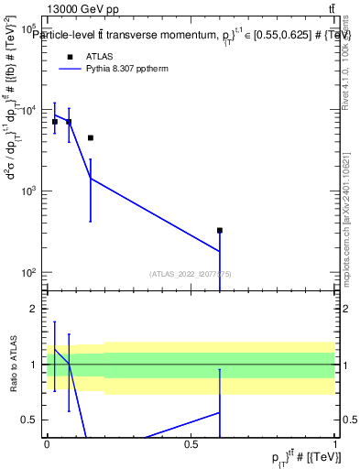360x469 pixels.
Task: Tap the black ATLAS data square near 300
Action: [220, 231]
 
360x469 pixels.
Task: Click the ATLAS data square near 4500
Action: [91, 138]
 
